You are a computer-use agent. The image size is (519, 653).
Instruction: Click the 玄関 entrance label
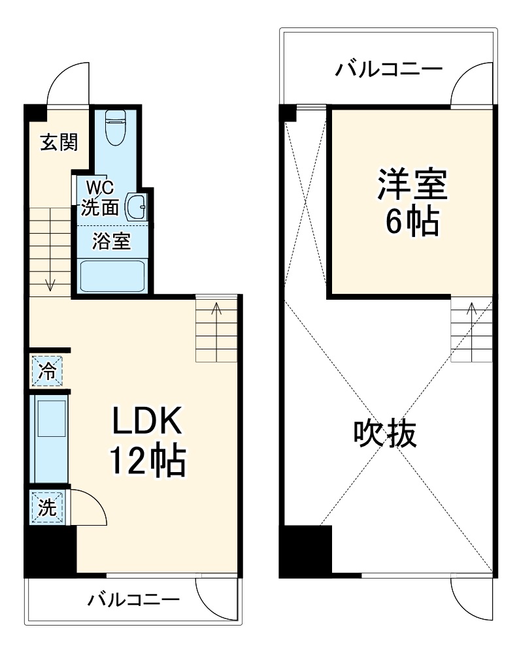(59, 142)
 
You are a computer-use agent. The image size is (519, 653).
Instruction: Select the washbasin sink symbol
(137, 207)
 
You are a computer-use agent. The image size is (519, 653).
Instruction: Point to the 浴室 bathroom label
(110, 242)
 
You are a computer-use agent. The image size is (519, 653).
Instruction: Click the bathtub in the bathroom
(112, 275)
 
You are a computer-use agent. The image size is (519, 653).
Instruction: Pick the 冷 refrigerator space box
(48, 372)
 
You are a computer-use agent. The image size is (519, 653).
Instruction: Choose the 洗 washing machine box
(47, 507)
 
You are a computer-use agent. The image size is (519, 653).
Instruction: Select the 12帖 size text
(147, 462)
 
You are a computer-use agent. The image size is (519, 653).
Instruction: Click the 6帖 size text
(411, 223)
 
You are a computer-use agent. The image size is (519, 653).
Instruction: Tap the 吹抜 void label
(386, 433)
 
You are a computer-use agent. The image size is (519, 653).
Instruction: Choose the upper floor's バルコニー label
(390, 69)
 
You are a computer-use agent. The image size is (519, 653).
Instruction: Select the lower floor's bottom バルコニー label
(134, 599)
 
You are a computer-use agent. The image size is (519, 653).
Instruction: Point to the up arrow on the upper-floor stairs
(471, 310)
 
